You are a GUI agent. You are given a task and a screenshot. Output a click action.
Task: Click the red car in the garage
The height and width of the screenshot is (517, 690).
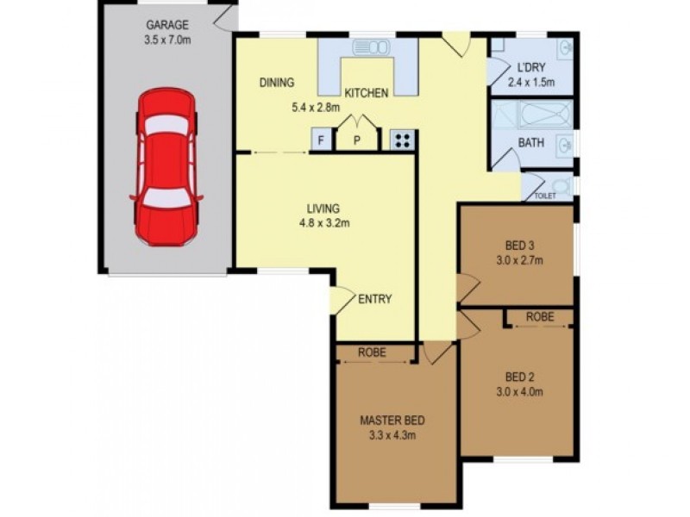tap(166, 166)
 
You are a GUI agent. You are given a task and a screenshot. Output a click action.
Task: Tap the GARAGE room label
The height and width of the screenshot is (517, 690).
tap(167, 25)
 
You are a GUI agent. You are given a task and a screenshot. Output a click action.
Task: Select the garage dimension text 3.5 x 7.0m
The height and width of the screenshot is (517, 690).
tap(167, 40)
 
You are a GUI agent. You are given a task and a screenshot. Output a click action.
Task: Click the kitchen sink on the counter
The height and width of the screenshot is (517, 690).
tap(371, 47)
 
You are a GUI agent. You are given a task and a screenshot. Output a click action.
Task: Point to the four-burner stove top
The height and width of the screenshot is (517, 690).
tap(403, 140)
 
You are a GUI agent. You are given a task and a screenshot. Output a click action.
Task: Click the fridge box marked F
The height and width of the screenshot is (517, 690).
tap(321, 140)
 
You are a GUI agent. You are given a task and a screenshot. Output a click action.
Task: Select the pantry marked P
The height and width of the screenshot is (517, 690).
tap(357, 140)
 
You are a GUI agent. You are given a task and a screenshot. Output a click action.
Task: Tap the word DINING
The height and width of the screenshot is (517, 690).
tap(277, 82)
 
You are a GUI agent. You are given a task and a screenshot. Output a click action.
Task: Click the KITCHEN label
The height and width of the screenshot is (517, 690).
tap(366, 93)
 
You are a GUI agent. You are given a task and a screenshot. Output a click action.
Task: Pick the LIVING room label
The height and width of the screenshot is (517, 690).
tap(323, 208)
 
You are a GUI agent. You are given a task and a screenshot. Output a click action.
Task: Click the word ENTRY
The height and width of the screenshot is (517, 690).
tap(375, 299)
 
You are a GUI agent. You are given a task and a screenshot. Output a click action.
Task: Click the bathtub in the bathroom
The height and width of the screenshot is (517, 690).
tap(546, 115)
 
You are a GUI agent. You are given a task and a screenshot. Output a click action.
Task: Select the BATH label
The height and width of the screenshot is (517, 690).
tap(531, 142)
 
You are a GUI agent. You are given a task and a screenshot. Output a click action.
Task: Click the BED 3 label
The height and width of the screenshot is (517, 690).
tap(520, 246)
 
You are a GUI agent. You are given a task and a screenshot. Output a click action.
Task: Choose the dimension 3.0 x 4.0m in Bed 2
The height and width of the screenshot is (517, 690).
tap(520, 392)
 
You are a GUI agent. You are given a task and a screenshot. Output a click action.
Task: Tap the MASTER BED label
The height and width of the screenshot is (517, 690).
tap(392, 420)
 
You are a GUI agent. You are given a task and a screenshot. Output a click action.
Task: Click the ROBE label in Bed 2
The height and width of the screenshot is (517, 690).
tap(540, 316)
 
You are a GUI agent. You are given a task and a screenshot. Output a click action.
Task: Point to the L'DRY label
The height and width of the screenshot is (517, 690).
tap(531, 67)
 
